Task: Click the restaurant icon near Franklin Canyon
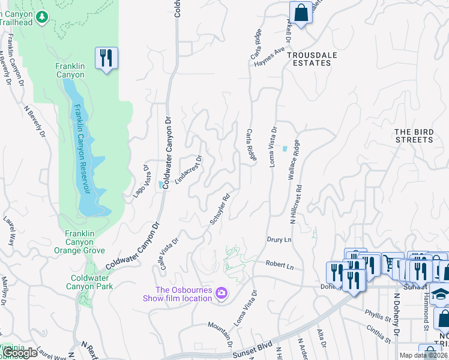(106, 58)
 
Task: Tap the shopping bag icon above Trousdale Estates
(301, 13)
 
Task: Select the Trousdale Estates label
(311, 59)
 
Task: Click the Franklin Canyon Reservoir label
(83, 148)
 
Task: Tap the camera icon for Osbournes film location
(221, 293)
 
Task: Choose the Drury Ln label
(279, 239)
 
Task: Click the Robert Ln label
(280, 264)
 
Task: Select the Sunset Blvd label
(252, 352)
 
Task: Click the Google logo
(20, 352)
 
